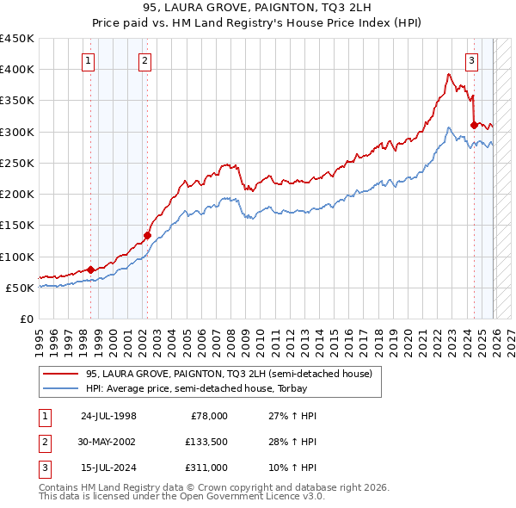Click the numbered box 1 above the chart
(x=90, y=60)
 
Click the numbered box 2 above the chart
(x=144, y=60)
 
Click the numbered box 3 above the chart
(x=472, y=60)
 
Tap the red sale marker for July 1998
(x=91, y=269)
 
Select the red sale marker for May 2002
(x=147, y=235)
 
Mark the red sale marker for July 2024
(x=474, y=125)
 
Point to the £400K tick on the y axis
(x=17, y=70)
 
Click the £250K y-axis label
(x=17, y=163)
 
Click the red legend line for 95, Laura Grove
(x=60, y=375)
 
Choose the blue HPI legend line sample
(x=60, y=387)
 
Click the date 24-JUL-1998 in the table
(x=108, y=416)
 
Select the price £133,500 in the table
(x=206, y=442)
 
